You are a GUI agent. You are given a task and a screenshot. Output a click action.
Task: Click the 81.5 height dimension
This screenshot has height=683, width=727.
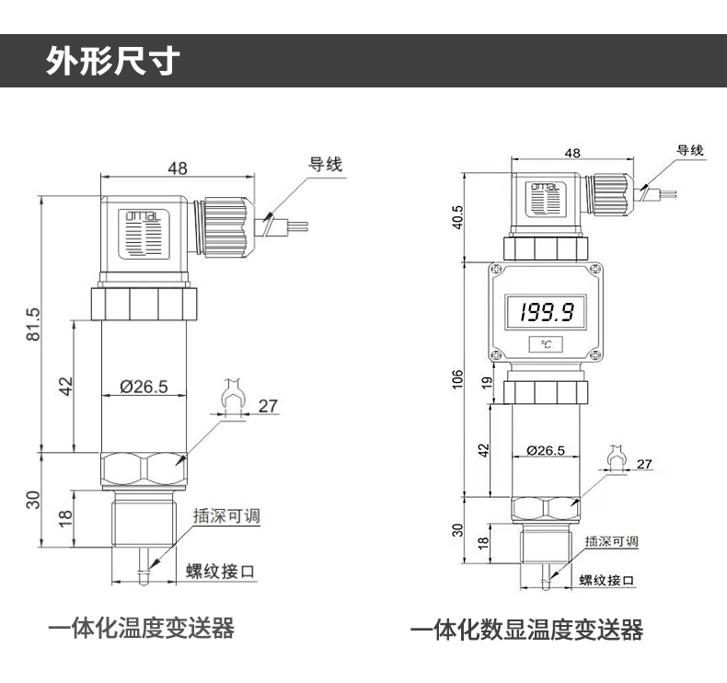tap(34, 324)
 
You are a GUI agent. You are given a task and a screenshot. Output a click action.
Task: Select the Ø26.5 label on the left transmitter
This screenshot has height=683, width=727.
tap(144, 387)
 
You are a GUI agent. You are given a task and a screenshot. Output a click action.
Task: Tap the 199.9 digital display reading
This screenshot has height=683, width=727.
tap(547, 313)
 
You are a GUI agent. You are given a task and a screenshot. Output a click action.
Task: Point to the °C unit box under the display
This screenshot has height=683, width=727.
tap(547, 343)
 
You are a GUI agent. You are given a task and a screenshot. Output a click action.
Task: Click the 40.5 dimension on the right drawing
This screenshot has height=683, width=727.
tap(458, 219)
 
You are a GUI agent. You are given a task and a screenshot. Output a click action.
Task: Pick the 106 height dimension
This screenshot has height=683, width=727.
tap(458, 379)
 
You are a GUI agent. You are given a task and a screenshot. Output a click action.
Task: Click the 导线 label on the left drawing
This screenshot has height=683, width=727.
tap(324, 165)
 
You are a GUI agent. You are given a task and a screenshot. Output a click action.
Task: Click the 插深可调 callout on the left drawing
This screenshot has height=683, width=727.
tap(226, 516)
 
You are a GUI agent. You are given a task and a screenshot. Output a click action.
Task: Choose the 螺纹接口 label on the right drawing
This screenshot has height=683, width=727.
tap(607, 581)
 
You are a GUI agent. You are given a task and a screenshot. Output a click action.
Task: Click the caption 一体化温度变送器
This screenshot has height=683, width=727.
tap(141, 629)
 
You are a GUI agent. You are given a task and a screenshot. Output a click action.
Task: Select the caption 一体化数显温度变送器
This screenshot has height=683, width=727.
tap(526, 631)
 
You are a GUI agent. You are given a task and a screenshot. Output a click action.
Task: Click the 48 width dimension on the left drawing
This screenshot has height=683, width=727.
tap(178, 168)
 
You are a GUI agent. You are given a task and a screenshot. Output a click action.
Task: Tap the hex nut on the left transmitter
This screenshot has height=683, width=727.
tap(144, 470)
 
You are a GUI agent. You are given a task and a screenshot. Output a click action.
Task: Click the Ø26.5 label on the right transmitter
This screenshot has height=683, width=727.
tap(546, 450)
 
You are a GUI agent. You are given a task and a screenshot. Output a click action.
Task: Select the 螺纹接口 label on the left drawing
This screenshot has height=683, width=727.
tap(220, 572)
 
